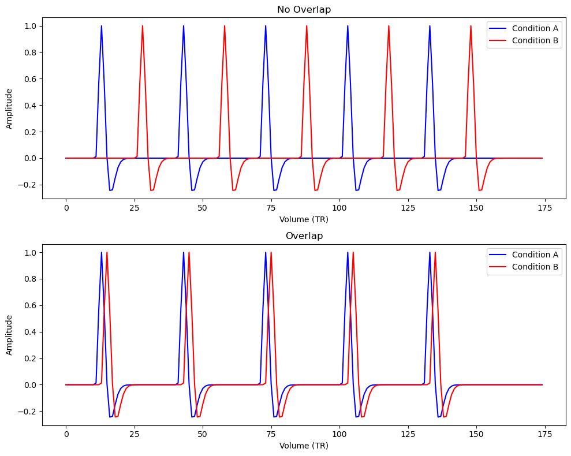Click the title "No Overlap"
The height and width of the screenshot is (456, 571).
(x=304, y=9)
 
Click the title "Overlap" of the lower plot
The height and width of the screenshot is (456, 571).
(x=304, y=236)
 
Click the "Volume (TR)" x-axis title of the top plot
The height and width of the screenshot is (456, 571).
(x=304, y=219)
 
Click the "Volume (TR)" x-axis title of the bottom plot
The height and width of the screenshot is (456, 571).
(x=304, y=446)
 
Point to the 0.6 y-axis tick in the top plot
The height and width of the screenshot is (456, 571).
(x=29, y=79)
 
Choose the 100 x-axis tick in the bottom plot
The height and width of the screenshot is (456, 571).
(x=339, y=434)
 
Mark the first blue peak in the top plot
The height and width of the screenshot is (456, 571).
(x=101, y=26)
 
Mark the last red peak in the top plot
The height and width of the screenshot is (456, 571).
(x=471, y=26)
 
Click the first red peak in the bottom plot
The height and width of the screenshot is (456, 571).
(x=107, y=253)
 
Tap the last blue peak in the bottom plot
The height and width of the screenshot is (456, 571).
(x=430, y=253)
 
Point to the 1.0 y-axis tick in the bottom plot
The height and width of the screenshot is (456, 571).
(x=29, y=253)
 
